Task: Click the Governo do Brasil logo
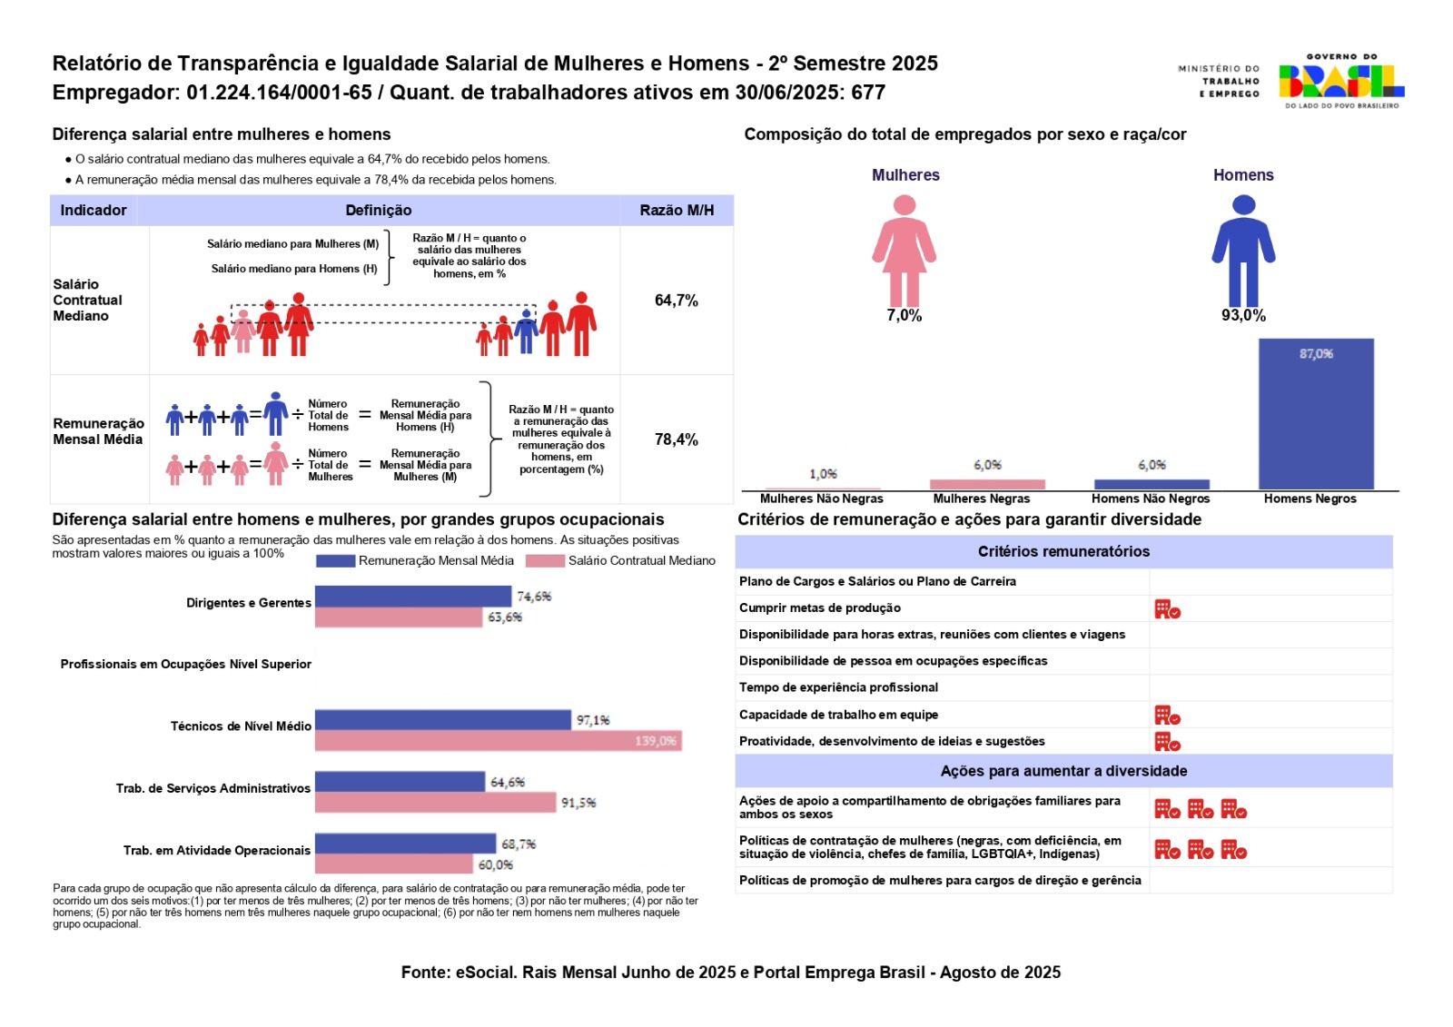[1340, 81]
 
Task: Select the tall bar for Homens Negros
[1315, 414]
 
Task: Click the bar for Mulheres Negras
[987, 484]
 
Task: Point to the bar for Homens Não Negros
[1152, 484]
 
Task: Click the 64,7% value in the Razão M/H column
[677, 301]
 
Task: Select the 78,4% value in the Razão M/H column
[677, 439]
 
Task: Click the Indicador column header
[94, 211]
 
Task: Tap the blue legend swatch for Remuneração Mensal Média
[335, 561]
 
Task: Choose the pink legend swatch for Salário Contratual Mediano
[545, 561]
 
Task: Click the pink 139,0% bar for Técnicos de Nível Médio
[498, 741]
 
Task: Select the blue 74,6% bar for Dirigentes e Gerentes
[413, 596]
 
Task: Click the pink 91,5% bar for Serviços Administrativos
[435, 803]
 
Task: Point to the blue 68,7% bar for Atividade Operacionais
[405, 844]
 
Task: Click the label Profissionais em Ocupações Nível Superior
[186, 665]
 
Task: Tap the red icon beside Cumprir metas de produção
[1167, 609]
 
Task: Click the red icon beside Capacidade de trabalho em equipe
[1167, 716]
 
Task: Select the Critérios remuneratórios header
[1063, 551]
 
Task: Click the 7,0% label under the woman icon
[904, 316]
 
